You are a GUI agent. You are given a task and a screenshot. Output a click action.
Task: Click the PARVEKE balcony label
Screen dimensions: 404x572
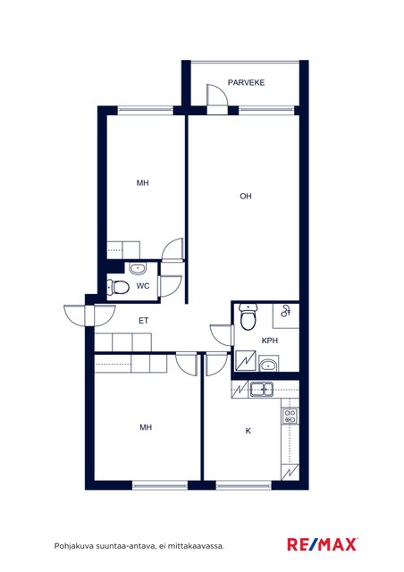click(x=246, y=82)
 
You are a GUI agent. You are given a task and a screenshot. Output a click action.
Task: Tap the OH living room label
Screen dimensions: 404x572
click(x=246, y=197)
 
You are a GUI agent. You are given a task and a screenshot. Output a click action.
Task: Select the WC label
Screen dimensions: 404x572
click(x=143, y=286)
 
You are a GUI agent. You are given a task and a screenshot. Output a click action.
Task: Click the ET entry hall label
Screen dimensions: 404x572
click(x=143, y=321)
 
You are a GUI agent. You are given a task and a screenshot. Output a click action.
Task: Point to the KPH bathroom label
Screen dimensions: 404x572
click(x=270, y=341)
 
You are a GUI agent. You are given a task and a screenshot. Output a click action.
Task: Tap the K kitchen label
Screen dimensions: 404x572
click(x=248, y=431)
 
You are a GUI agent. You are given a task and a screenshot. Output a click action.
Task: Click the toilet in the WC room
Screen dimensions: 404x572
click(x=118, y=287)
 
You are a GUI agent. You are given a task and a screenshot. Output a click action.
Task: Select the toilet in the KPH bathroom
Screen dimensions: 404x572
click(x=248, y=316)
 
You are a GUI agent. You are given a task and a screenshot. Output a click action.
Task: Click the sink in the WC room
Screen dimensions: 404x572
click(x=138, y=269)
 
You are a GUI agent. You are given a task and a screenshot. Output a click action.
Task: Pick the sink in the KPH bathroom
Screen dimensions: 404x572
click(x=269, y=364)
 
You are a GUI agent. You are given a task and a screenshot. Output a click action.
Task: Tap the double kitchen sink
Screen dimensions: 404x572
click(x=261, y=390)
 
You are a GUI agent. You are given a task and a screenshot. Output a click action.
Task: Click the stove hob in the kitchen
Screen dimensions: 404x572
click(x=290, y=416)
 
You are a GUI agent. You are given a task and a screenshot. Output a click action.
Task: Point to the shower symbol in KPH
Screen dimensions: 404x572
click(x=285, y=312)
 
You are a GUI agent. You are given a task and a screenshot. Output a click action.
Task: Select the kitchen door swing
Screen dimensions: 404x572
click(x=216, y=364)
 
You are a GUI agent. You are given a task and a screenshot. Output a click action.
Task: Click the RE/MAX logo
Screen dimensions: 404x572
click(x=322, y=544)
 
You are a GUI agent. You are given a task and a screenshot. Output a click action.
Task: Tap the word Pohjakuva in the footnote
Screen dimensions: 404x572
click(x=74, y=546)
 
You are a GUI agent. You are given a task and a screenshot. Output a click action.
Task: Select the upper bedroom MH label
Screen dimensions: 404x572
click(x=142, y=182)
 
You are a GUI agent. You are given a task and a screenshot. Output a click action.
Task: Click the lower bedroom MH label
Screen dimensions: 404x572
click(x=146, y=427)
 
